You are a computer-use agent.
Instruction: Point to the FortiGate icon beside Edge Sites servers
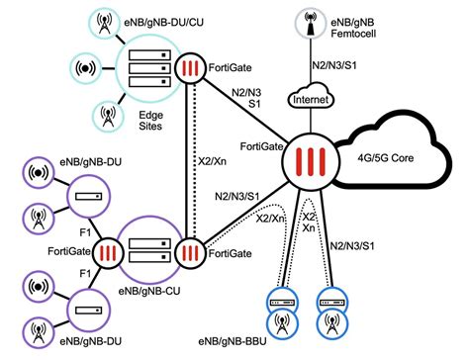188,72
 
